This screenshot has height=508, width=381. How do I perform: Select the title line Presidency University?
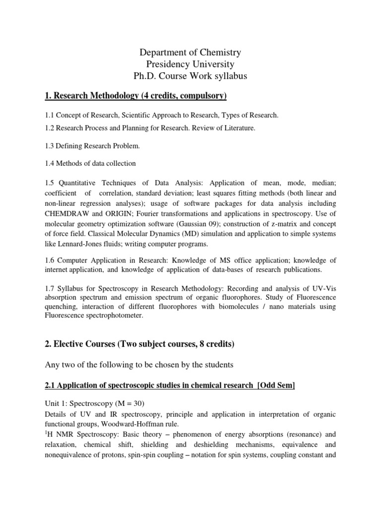point(191,64)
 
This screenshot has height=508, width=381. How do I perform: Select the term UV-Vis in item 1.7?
point(323,288)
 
